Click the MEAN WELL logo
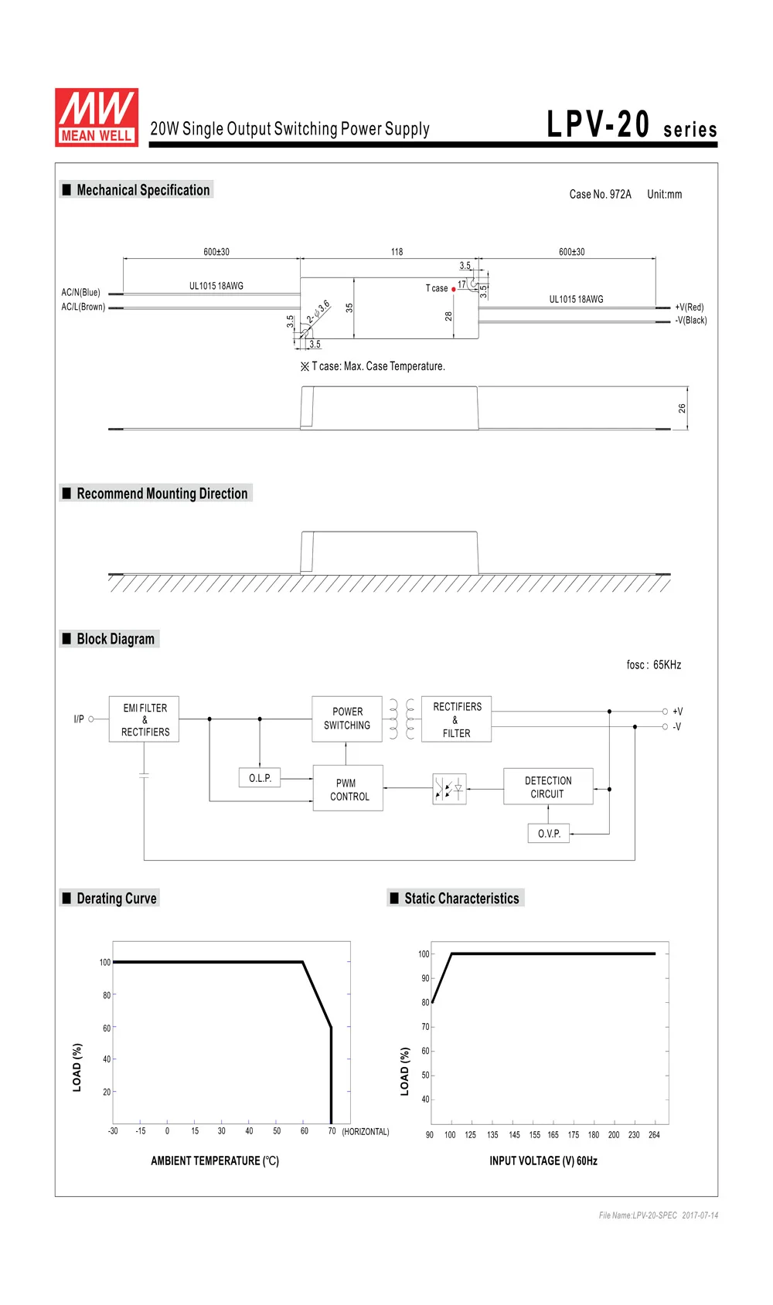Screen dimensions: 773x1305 click(x=97, y=117)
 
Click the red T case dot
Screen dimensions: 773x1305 click(x=454, y=289)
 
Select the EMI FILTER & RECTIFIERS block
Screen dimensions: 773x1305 click(x=144, y=719)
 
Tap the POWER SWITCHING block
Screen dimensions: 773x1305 click(x=347, y=719)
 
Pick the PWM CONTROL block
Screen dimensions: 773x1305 click(x=348, y=788)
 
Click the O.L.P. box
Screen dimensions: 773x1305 click(x=260, y=778)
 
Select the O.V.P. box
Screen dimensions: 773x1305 click(x=549, y=834)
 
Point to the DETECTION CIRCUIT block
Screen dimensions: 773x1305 click(x=548, y=787)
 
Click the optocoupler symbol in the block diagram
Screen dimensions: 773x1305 click(x=449, y=789)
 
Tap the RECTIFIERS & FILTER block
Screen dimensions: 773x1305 click(x=456, y=719)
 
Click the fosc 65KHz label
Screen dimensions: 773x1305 click(x=653, y=664)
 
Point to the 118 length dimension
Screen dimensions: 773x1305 click(x=397, y=252)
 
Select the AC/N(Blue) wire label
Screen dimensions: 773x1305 click(x=80, y=293)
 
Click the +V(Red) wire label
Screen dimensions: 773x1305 click(x=689, y=307)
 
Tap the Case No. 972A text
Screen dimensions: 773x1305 click(x=600, y=194)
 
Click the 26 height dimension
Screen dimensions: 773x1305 click(x=682, y=409)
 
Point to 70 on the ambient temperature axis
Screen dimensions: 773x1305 click(x=332, y=1131)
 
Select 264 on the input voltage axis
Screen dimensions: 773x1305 click(x=654, y=1134)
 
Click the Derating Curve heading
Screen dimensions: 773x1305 click(x=117, y=899)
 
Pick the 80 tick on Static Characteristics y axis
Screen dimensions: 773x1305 click(x=425, y=1003)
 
